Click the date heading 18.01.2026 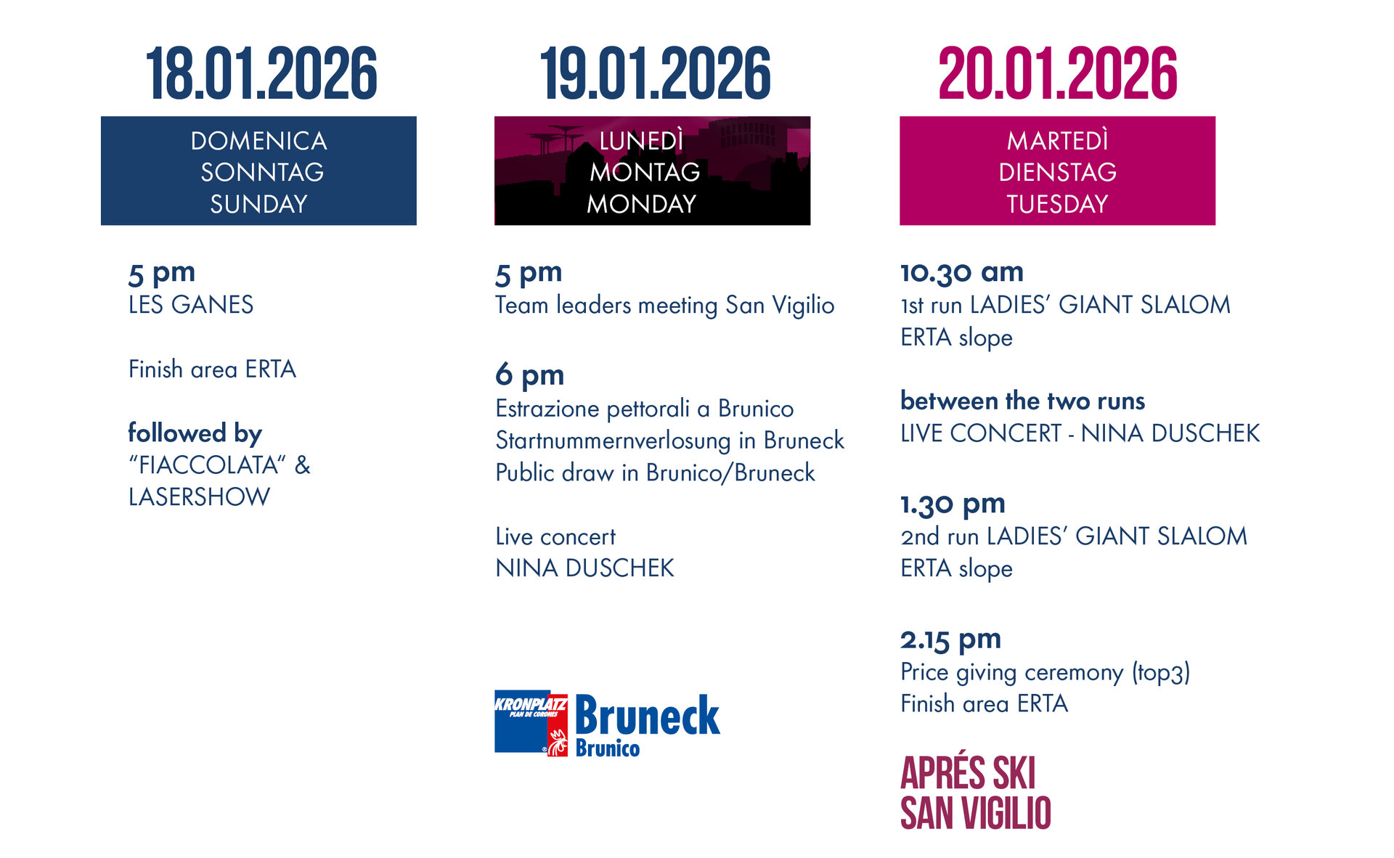pos(261,73)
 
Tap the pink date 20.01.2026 pos(1057,73)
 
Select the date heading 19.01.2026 pos(655,73)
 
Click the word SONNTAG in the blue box pos(262,172)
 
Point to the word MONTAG pos(645,172)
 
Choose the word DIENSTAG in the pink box pos(1057,172)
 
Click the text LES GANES pos(191,304)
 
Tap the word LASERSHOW pos(199,497)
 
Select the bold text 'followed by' pos(195,433)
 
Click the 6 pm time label pos(530,375)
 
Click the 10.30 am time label pos(962,272)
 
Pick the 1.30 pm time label pos(953,504)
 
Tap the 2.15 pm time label pos(950,640)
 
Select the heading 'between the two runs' pos(1022,401)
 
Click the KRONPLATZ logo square pos(531,722)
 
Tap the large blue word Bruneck pos(647,716)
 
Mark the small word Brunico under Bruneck pos(607,748)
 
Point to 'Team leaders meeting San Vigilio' pos(664,305)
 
